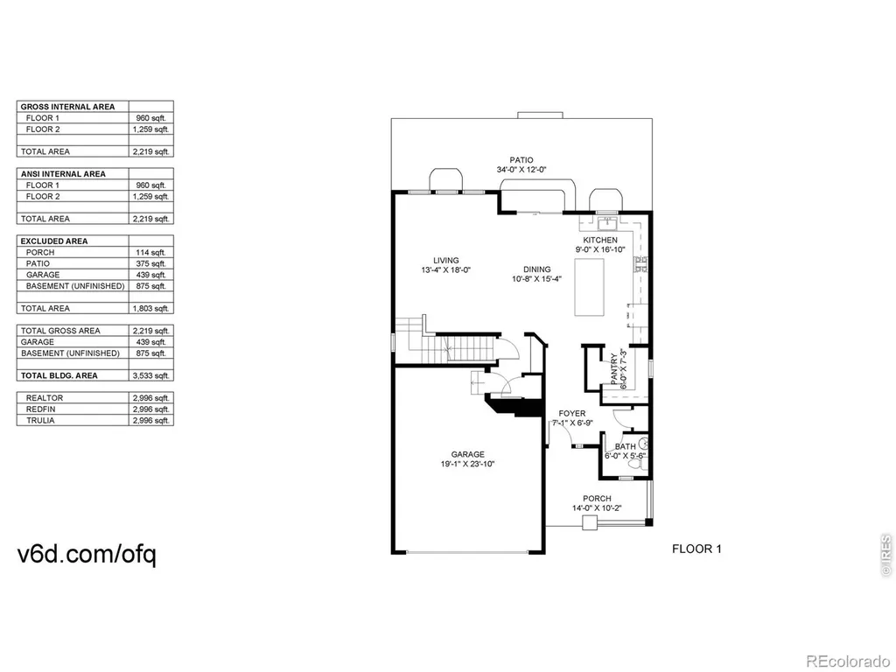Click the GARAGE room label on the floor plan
[x=467, y=454]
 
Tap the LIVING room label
[x=445, y=261]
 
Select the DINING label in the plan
[x=537, y=269]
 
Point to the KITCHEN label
[x=600, y=240]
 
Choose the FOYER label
[x=572, y=413]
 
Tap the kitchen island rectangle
[x=589, y=287]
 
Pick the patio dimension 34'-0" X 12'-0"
[x=521, y=170]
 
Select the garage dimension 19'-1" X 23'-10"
[x=467, y=464]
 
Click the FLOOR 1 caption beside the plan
[x=696, y=549]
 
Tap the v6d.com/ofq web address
[x=87, y=554]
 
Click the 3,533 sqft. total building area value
[x=150, y=376]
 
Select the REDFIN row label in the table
[x=40, y=409]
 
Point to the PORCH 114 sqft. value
[x=150, y=253]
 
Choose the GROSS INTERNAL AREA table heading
[x=67, y=107]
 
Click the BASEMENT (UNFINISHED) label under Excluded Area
[x=75, y=286]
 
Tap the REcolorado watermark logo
[x=847, y=661]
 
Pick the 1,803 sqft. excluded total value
[x=150, y=309]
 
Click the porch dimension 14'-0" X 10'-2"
[x=597, y=508]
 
